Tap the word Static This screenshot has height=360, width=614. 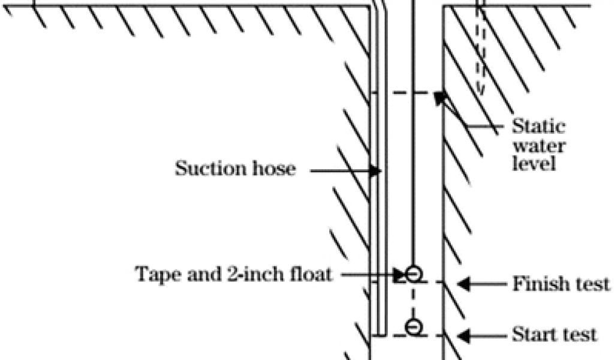(x=538, y=127)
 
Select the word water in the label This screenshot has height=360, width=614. (x=538, y=146)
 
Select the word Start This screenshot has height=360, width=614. (x=534, y=334)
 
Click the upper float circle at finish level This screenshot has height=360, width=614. (x=413, y=274)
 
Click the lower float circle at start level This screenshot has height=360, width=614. (x=413, y=326)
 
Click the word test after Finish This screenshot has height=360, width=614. (x=590, y=283)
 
